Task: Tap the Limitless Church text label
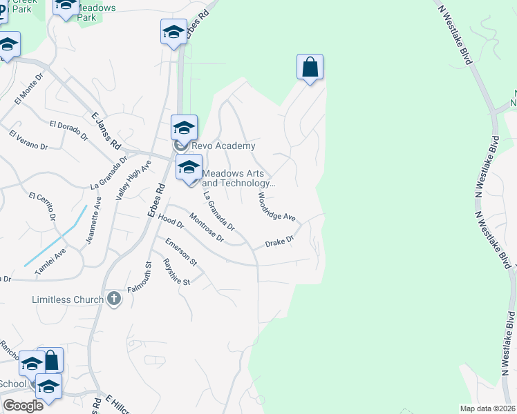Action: (x=68, y=299)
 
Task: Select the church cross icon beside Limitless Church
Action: (x=114, y=299)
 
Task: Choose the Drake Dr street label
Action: (x=281, y=242)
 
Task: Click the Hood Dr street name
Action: (x=171, y=221)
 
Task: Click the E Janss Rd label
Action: (x=106, y=132)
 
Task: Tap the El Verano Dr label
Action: (x=28, y=139)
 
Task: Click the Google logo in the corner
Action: (x=23, y=405)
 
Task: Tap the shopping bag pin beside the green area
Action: (x=310, y=68)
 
